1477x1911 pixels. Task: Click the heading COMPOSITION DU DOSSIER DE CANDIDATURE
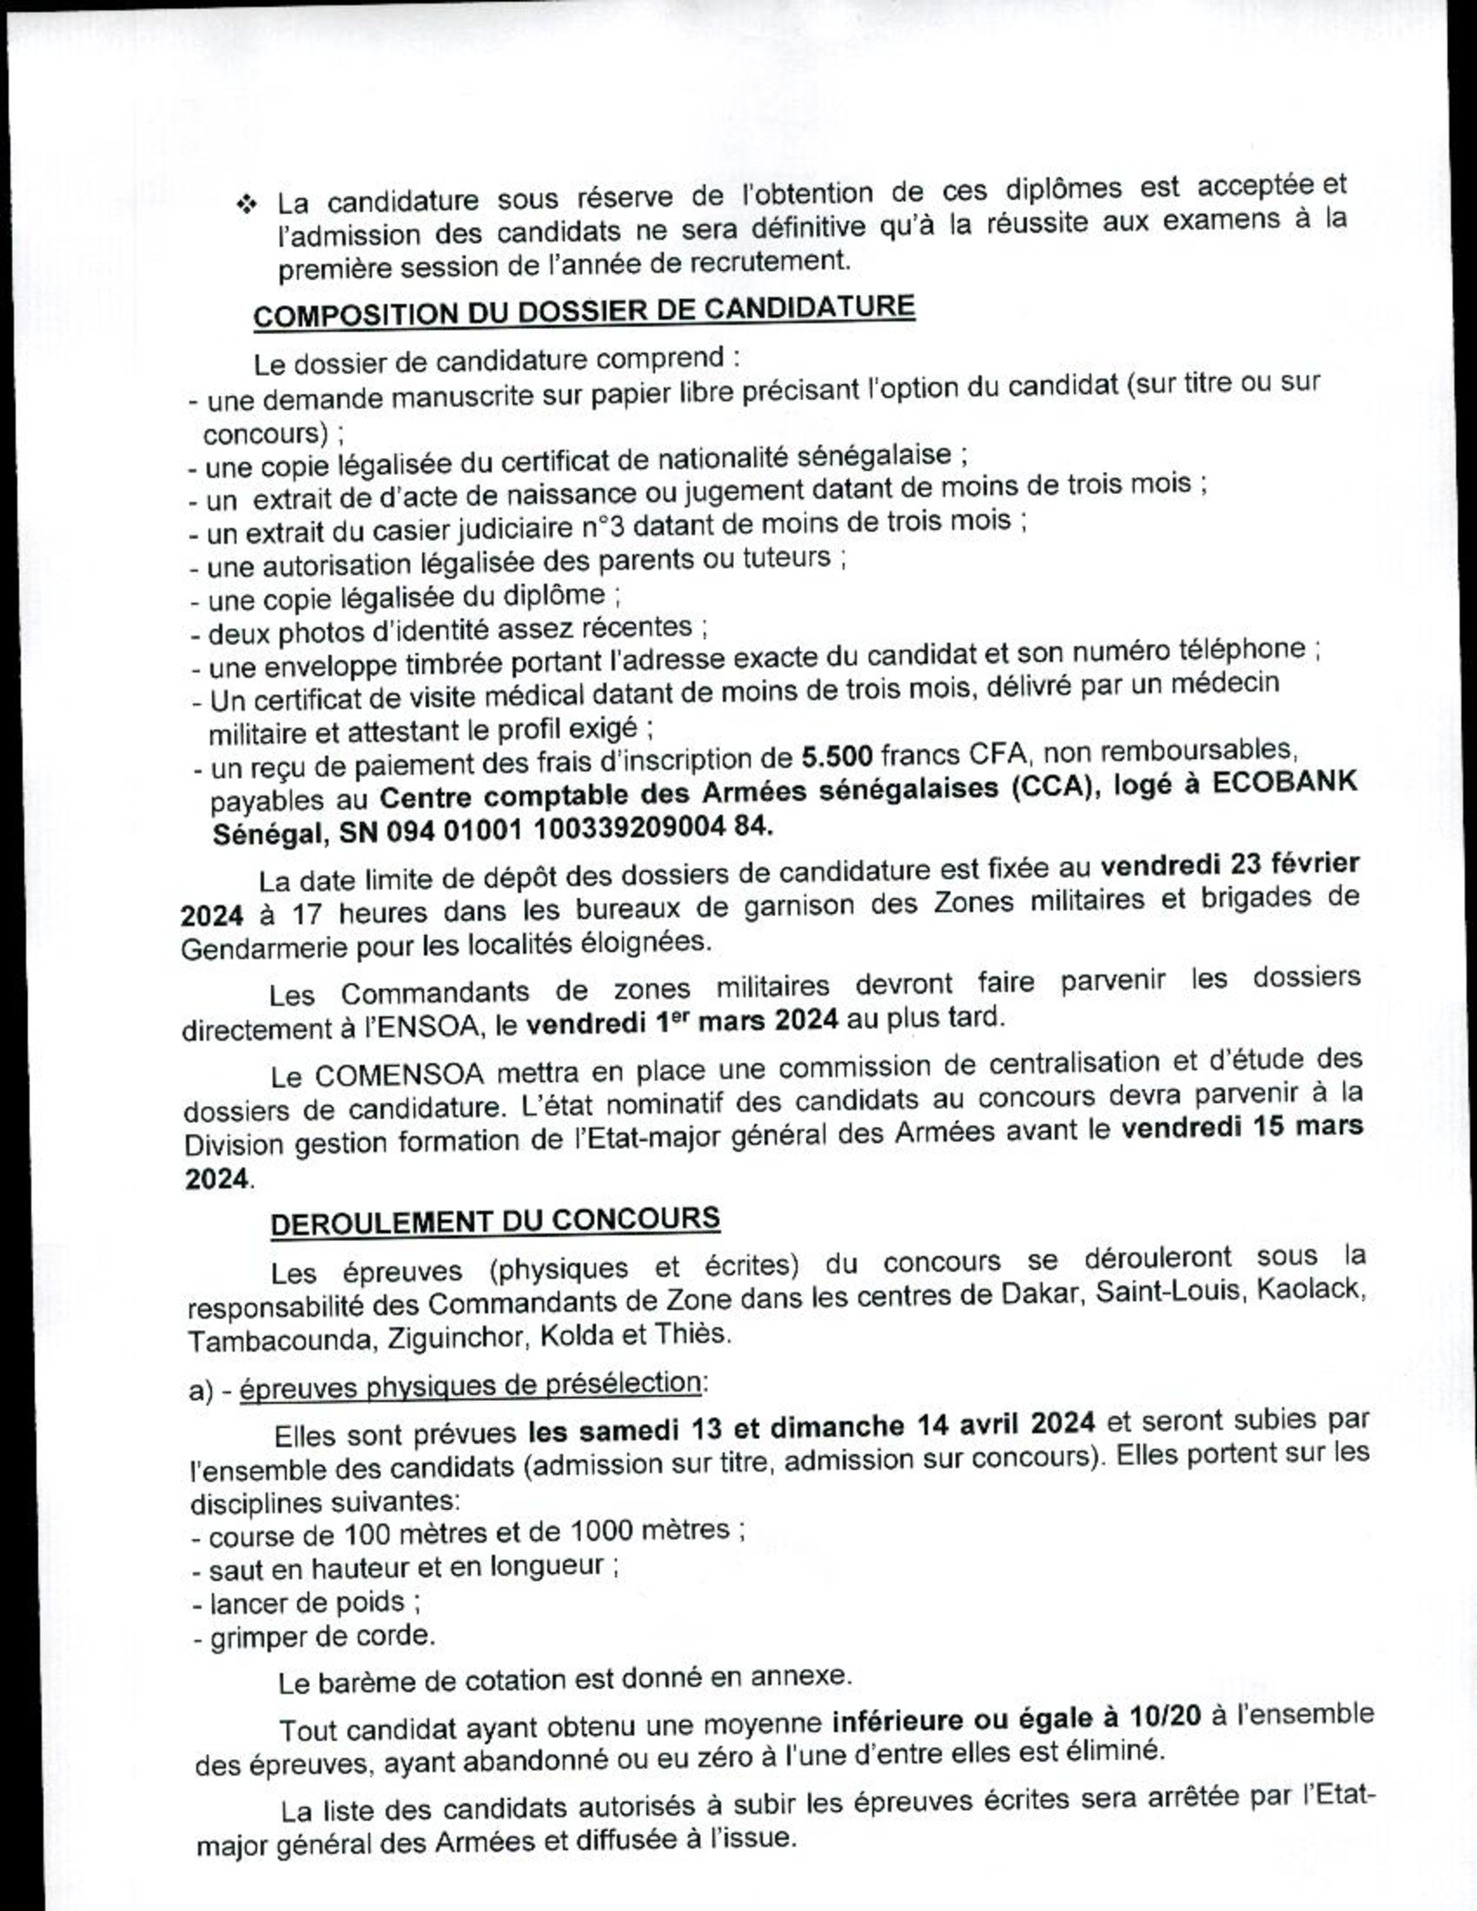coord(584,311)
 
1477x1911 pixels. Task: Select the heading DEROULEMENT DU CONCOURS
coord(495,1221)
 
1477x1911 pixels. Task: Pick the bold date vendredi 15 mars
coord(1242,1127)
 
